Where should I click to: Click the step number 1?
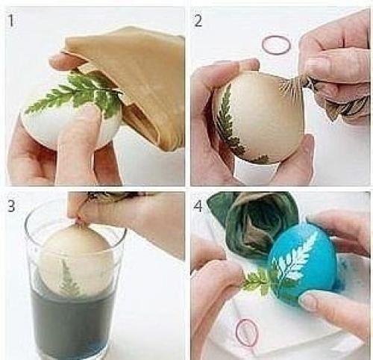click(x=10, y=20)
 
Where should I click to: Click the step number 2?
click(x=198, y=21)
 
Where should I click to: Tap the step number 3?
click(x=10, y=206)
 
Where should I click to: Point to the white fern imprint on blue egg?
click(x=293, y=260)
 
